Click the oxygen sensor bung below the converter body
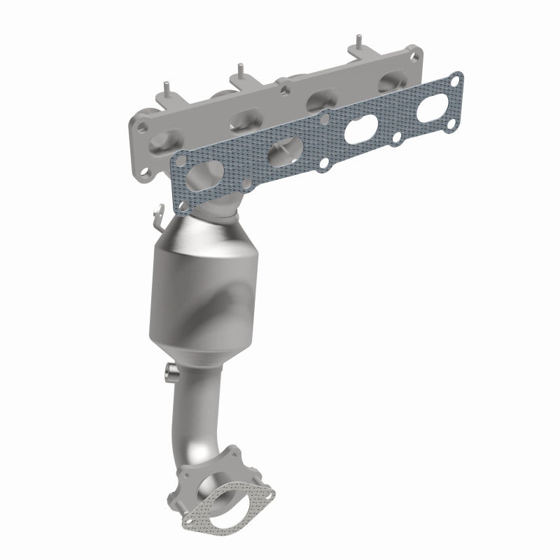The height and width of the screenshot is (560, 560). click(x=169, y=372)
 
